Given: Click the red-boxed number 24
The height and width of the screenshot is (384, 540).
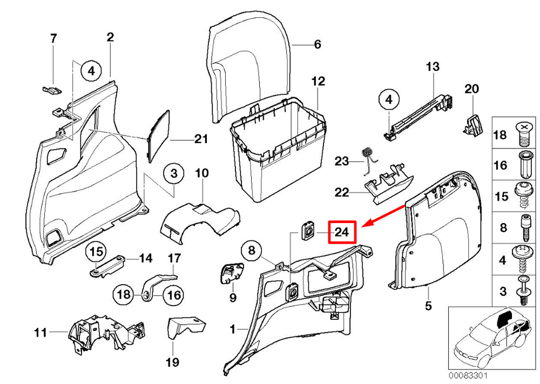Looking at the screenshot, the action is (x=342, y=232).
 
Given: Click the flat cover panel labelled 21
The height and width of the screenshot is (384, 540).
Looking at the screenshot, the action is (x=159, y=137).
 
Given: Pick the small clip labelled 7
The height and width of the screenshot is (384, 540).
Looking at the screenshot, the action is (x=51, y=90).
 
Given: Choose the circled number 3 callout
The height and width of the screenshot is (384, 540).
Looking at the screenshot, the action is (x=174, y=173).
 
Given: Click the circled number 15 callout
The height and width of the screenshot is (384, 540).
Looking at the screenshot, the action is (x=97, y=251).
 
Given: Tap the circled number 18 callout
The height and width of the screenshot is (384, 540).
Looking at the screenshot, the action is (x=124, y=294).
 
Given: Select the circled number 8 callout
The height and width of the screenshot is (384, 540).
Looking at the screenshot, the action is (x=252, y=250).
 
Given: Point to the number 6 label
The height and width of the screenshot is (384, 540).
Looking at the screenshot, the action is (x=317, y=44).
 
